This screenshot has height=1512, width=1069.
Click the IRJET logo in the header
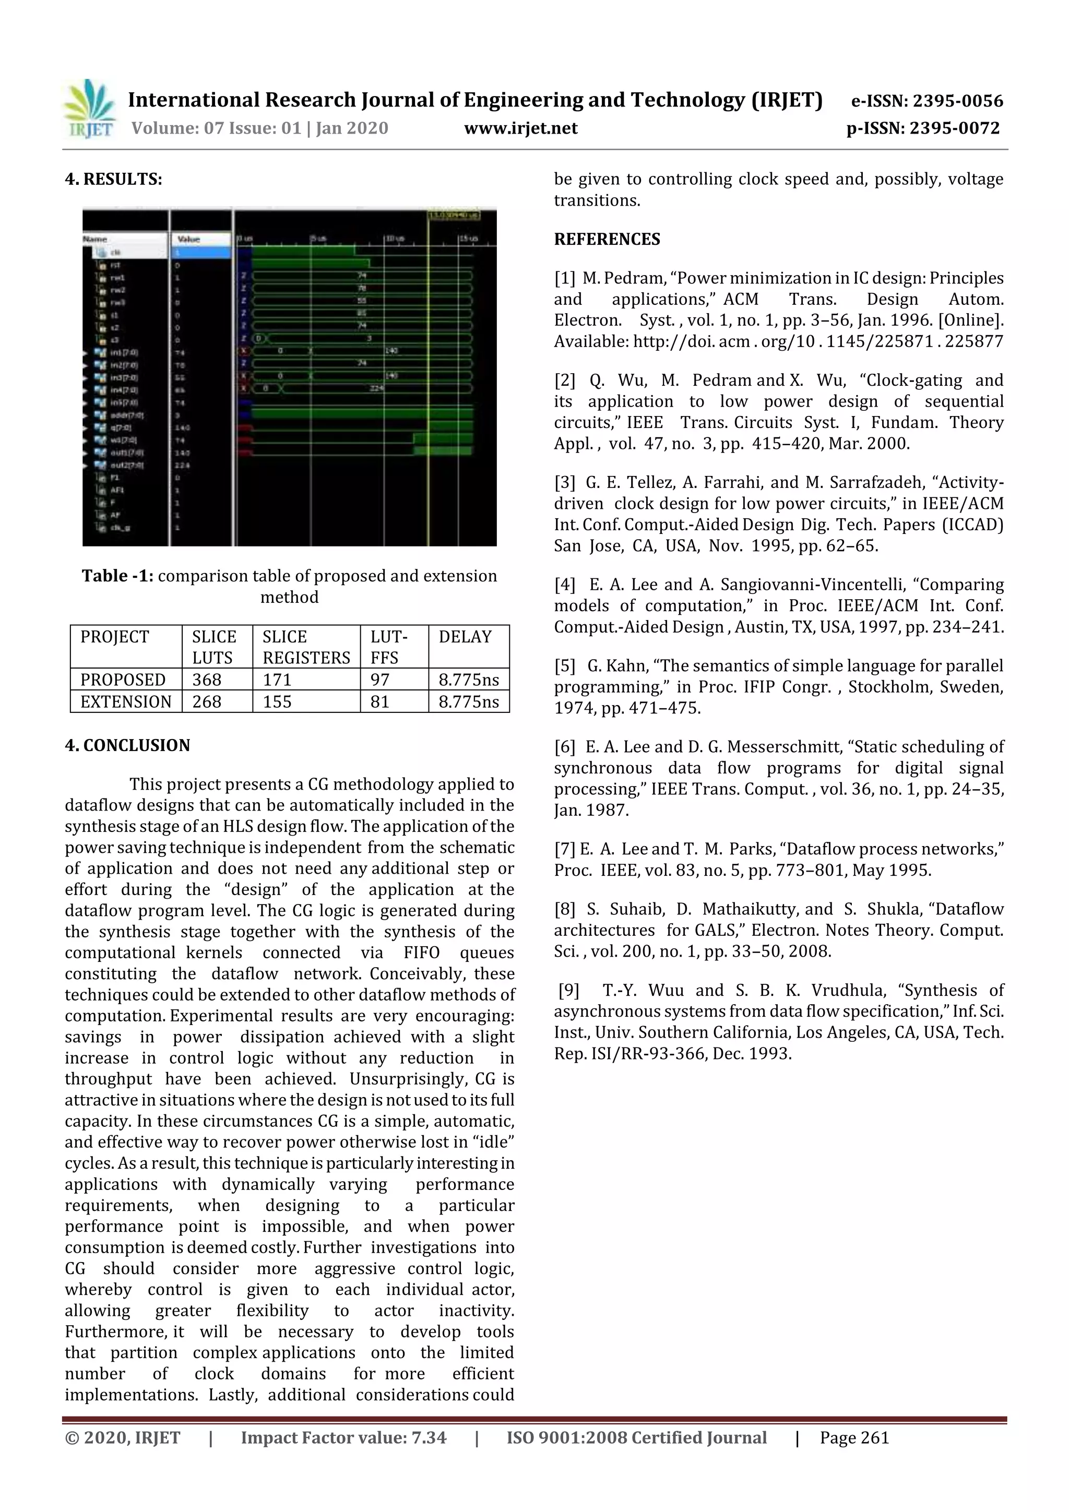(90, 109)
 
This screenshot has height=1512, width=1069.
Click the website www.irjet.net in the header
(520, 128)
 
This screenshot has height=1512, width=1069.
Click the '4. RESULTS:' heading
(113, 179)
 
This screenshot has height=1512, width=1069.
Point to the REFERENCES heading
(607, 239)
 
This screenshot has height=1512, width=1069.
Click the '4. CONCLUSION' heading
(127, 745)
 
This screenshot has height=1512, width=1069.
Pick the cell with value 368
(207, 680)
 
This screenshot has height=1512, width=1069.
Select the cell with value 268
(207, 702)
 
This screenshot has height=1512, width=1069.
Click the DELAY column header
(465, 637)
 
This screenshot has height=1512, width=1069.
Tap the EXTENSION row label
(126, 702)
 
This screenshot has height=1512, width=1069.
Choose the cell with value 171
(277, 680)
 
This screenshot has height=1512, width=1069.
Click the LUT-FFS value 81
(379, 702)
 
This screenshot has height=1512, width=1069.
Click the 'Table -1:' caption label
(118, 576)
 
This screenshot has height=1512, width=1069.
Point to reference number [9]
(568, 991)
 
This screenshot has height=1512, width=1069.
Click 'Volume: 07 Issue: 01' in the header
(216, 128)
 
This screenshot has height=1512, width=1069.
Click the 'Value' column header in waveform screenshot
(189, 239)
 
